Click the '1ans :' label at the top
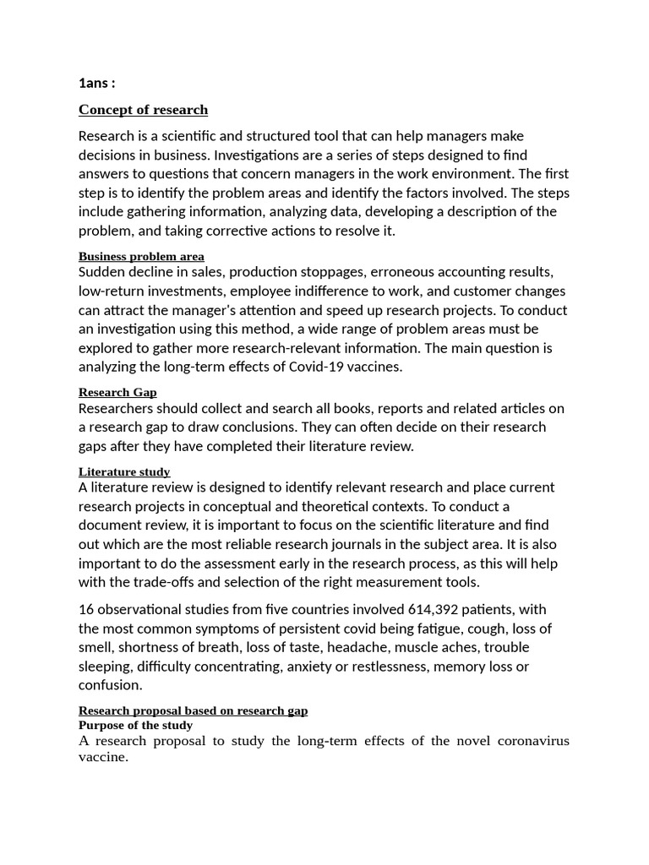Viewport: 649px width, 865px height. coord(96,83)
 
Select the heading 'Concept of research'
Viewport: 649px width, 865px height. coord(143,110)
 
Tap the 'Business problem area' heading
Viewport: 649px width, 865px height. coord(141,256)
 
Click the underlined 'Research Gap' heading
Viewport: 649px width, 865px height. coord(117,392)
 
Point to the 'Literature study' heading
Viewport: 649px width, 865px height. coord(124,471)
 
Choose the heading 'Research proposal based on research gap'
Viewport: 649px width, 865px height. coord(193,710)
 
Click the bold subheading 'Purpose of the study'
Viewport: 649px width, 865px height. coord(135,725)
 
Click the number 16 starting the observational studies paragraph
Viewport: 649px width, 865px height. coord(86,609)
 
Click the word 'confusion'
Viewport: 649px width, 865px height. coord(109,685)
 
